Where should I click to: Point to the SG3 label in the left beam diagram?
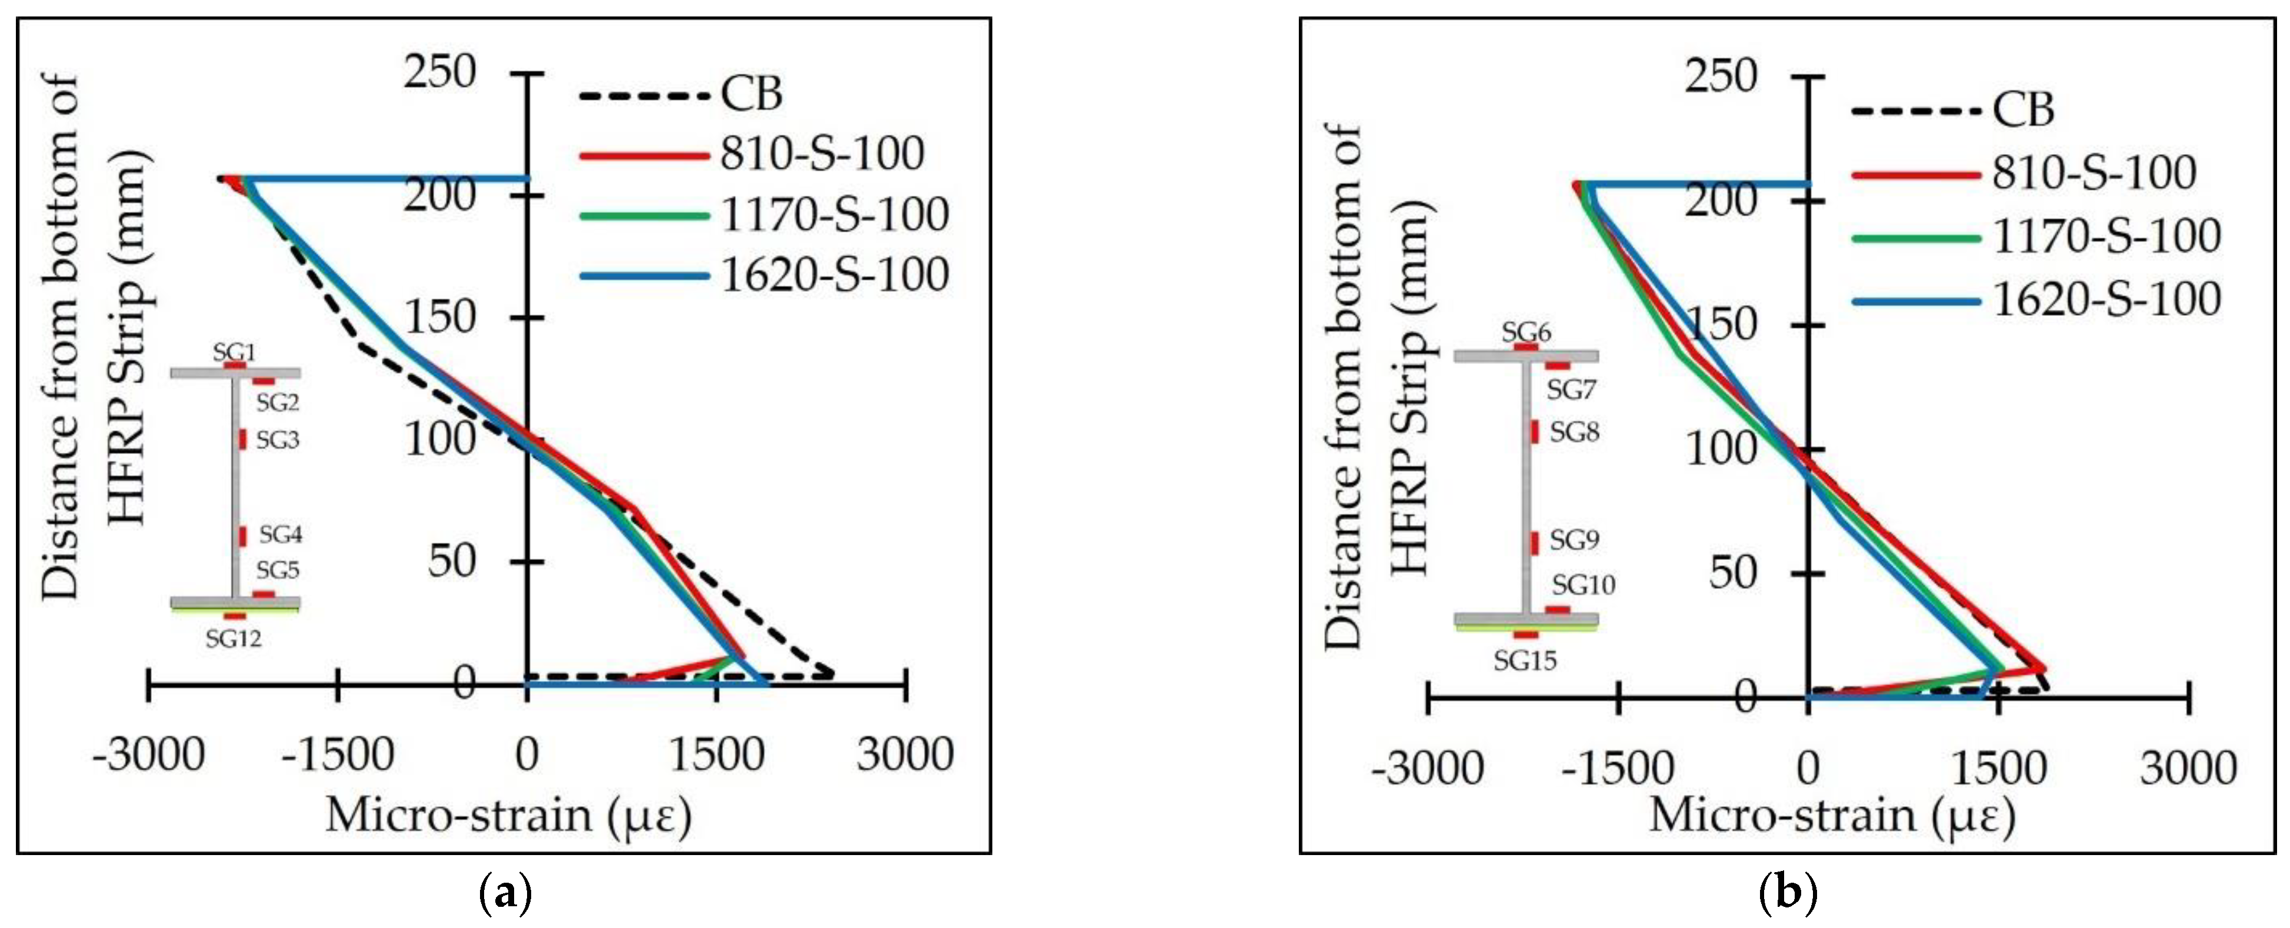pyautogui.click(x=278, y=440)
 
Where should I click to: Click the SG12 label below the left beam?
pyautogui.click(x=233, y=638)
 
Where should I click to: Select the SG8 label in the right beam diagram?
pyautogui.click(x=1574, y=432)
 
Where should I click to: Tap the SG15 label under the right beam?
pyautogui.click(x=1525, y=660)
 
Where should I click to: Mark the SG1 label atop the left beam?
pyautogui.click(x=234, y=352)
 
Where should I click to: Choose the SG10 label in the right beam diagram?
pyautogui.click(x=1584, y=585)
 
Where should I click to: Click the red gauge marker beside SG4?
pyautogui.click(x=242, y=536)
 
